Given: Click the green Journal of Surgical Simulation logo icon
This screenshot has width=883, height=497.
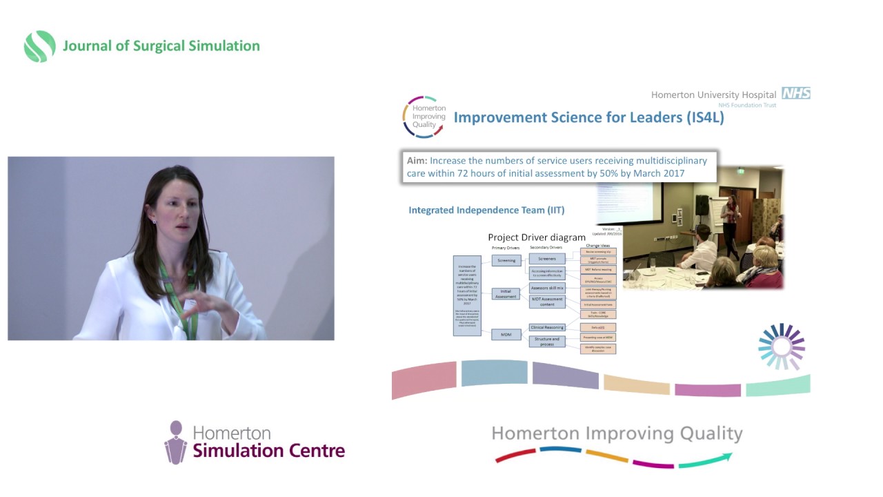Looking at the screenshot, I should [39, 46].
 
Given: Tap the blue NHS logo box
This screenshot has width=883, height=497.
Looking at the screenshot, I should [795, 93].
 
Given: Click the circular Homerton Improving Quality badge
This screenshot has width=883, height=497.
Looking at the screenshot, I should [424, 117].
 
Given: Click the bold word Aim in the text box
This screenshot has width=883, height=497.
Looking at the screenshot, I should [417, 161].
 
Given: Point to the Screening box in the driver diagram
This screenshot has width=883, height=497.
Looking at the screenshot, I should [506, 260].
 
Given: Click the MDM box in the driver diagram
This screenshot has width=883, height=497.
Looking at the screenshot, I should [506, 335].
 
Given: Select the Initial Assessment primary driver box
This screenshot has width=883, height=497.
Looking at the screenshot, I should [506, 293].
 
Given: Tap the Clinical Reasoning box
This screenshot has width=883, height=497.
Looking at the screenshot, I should [547, 327].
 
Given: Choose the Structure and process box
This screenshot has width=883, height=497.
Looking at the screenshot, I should [547, 341].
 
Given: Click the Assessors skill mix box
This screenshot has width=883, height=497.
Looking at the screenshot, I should [548, 288].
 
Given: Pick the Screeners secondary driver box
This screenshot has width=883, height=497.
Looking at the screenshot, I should [547, 260].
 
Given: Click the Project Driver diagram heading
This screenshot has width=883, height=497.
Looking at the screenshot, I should [537, 237].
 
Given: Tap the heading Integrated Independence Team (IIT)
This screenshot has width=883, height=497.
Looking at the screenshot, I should [486, 210].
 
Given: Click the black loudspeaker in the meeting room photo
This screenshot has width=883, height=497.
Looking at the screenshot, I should [702, 204].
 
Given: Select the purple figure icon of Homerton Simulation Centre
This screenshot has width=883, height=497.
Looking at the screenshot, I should [176, 442].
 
